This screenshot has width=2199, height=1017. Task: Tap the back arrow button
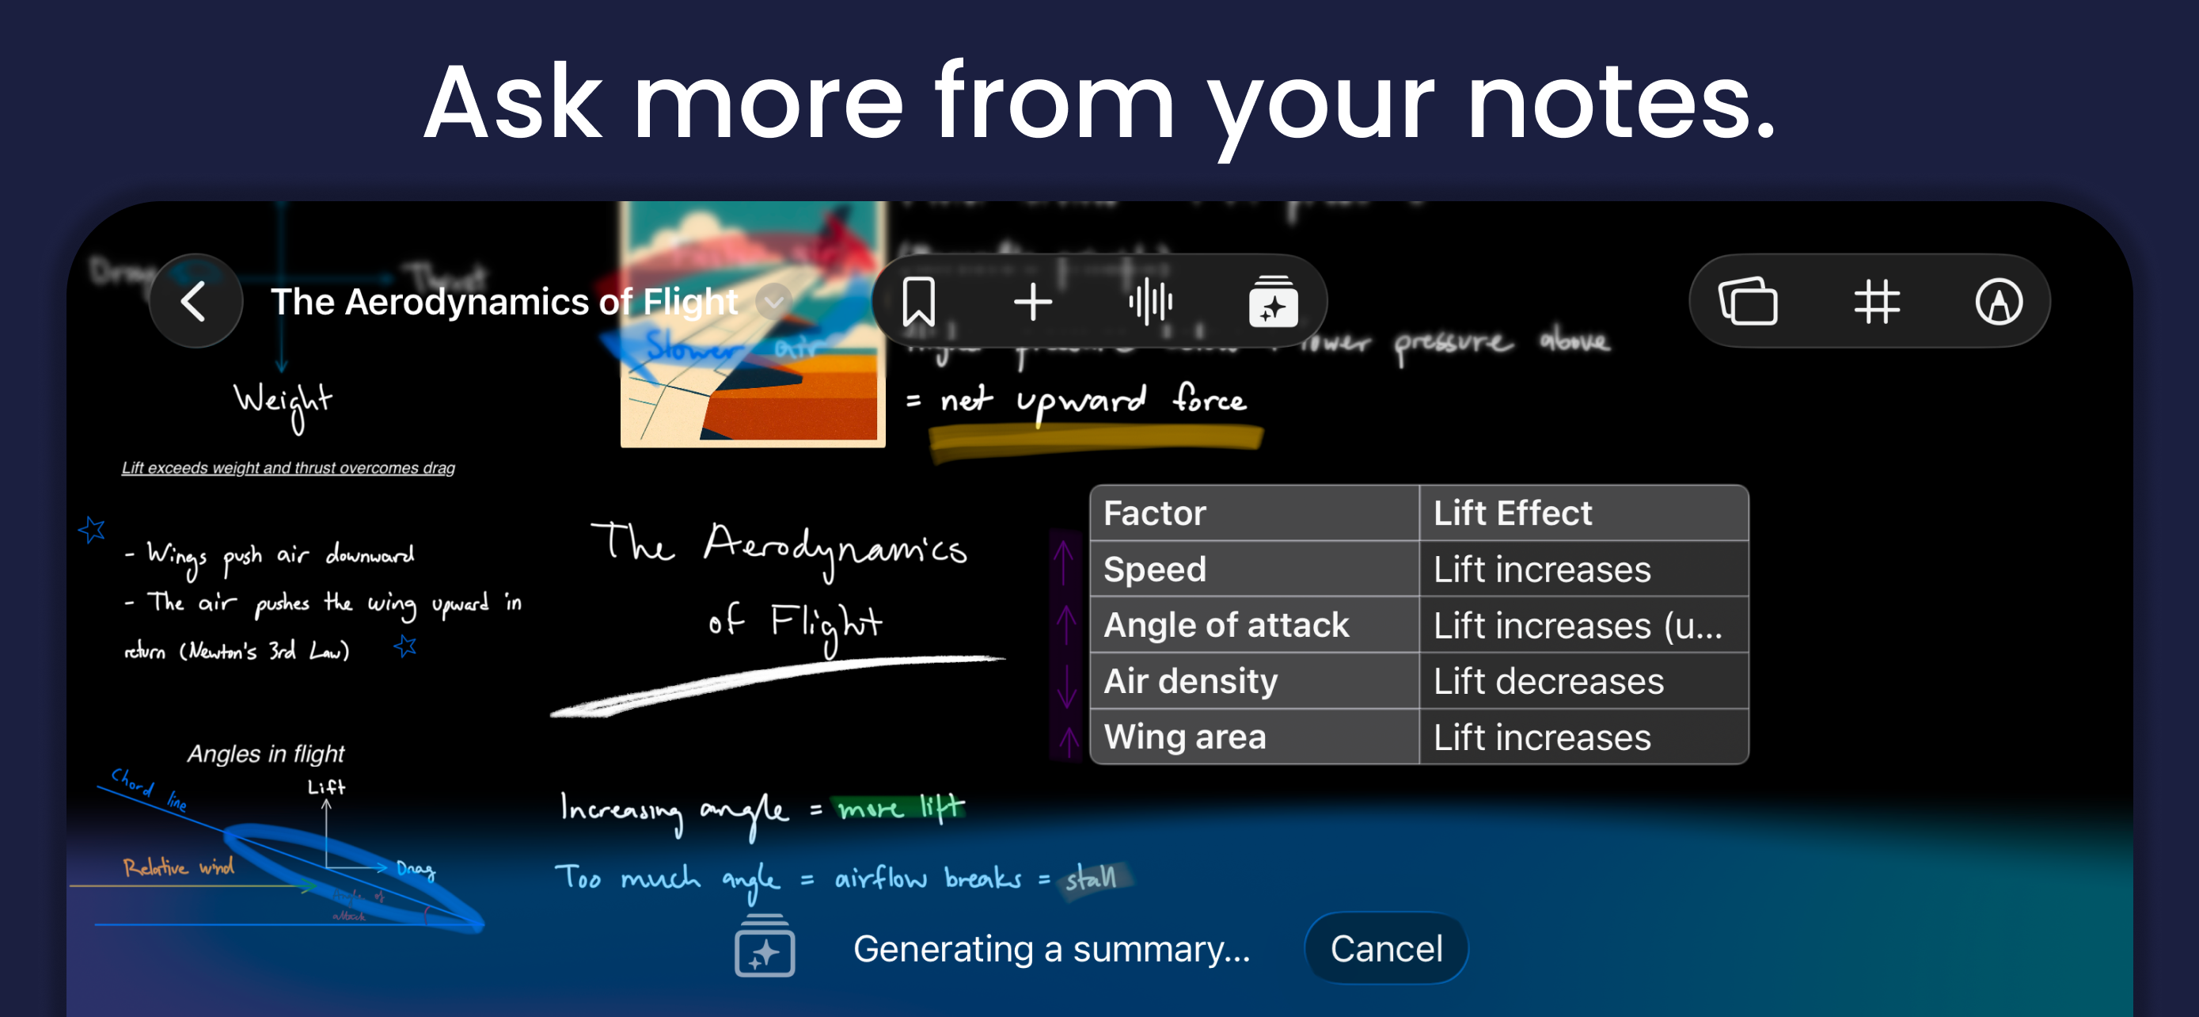(196, 302)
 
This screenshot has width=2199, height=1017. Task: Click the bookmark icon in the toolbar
(918, 302)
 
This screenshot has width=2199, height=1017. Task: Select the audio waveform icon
(1150, 302)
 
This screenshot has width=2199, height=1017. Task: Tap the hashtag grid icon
(1876, 302)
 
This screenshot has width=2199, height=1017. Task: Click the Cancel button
(1385, 949)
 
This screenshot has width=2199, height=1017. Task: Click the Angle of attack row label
(1226, 625)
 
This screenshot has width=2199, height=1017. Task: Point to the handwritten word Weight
(283, 402)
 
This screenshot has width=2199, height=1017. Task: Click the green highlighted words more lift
(901, 807)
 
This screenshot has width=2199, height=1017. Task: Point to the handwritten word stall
(1090, 877)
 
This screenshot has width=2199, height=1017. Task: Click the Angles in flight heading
(265, 753)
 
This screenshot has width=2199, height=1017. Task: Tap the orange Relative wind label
(177, 867)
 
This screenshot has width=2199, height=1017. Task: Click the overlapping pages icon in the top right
(1748, 302)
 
